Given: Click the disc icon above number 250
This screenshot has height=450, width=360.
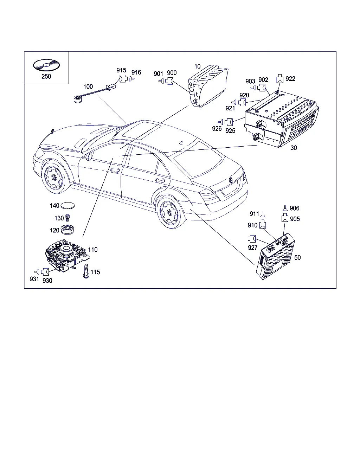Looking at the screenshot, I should point(46,65).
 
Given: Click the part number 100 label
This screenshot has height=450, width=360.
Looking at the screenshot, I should point(88,86).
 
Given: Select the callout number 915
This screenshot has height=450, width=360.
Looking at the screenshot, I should point(121,70).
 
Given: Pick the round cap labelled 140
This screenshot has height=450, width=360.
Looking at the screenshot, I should point(69,206).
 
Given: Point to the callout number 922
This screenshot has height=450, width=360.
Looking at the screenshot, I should point(290,79).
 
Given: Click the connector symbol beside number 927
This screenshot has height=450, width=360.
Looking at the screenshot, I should point(252,239).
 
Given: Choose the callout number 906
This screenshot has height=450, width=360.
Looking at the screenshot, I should point(294,208).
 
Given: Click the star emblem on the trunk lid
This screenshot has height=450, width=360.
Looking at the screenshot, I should point(231,180).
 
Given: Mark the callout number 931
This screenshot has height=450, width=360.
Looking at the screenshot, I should point(34,279).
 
